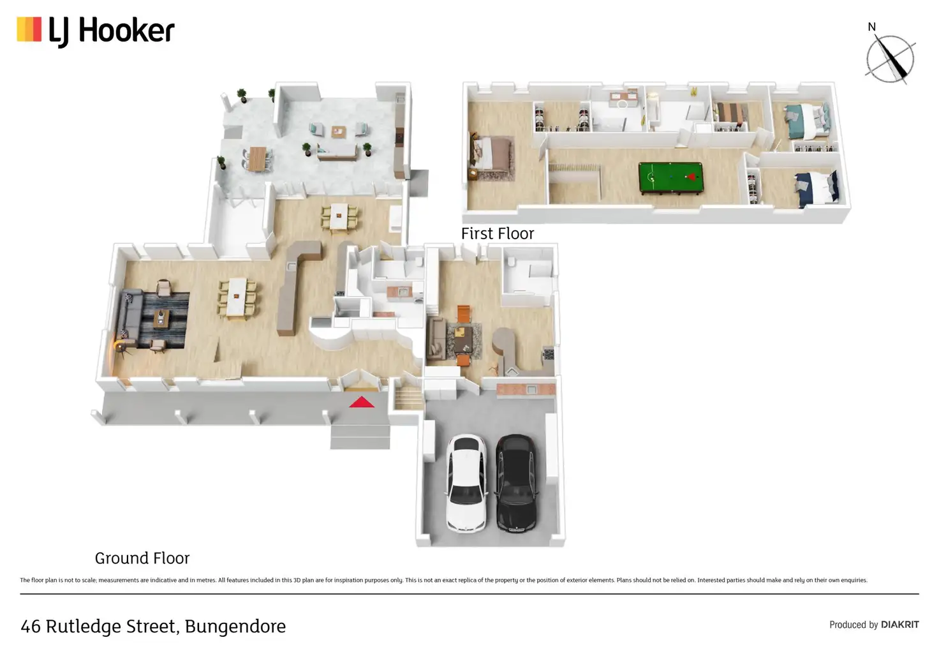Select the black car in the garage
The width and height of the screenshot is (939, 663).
tap(516, 484)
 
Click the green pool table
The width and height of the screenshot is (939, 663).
tap(670, 178)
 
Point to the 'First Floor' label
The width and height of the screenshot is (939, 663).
tap(498, 234)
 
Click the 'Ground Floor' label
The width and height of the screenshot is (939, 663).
tap(142, 558)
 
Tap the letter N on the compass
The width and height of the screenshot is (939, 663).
tap(871, 27)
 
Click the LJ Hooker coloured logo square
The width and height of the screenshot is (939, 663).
tap(29, 29)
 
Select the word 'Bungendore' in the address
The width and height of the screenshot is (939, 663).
tap(235, 626)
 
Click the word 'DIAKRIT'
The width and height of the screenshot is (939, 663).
tap(900, 625)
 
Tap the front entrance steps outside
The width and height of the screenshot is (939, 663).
tap(360, 436)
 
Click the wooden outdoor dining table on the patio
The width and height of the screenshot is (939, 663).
tap(257, 158)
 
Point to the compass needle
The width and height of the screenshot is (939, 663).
tap(891, 59)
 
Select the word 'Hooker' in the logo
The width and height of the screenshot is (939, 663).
tap(126, 31)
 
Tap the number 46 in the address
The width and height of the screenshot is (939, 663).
tap(31, 627)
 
